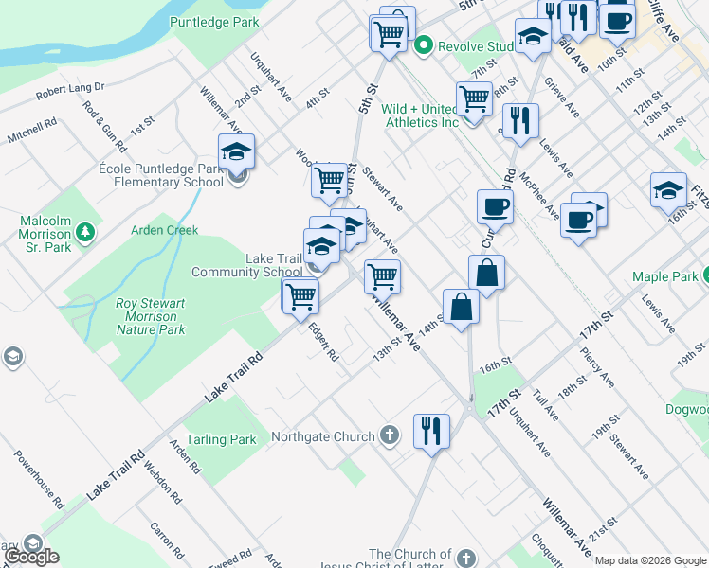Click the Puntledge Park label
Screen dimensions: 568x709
[x=214, y=21]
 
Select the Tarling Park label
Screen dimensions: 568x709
[x=221, y=439]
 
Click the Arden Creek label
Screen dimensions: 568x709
[x=164, y=230]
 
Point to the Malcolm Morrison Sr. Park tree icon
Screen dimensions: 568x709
[x=85, y=230]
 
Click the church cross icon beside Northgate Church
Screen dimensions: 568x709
[x=388, y=436]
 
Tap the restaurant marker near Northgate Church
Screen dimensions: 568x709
[x=431, y=431]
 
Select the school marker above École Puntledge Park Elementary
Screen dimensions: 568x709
[x=236, y=151]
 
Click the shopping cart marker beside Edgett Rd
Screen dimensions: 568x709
[x=300, y=295]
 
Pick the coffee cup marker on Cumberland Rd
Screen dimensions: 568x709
[x=494, y=206]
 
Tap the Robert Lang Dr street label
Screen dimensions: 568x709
[x=69, y=92]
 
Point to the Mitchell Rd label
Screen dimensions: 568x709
[x=32, y=130]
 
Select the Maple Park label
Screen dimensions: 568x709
[x=665, y=276]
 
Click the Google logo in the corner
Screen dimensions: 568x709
[x=31, y=557]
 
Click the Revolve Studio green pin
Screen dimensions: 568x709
[x=423, y=44]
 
